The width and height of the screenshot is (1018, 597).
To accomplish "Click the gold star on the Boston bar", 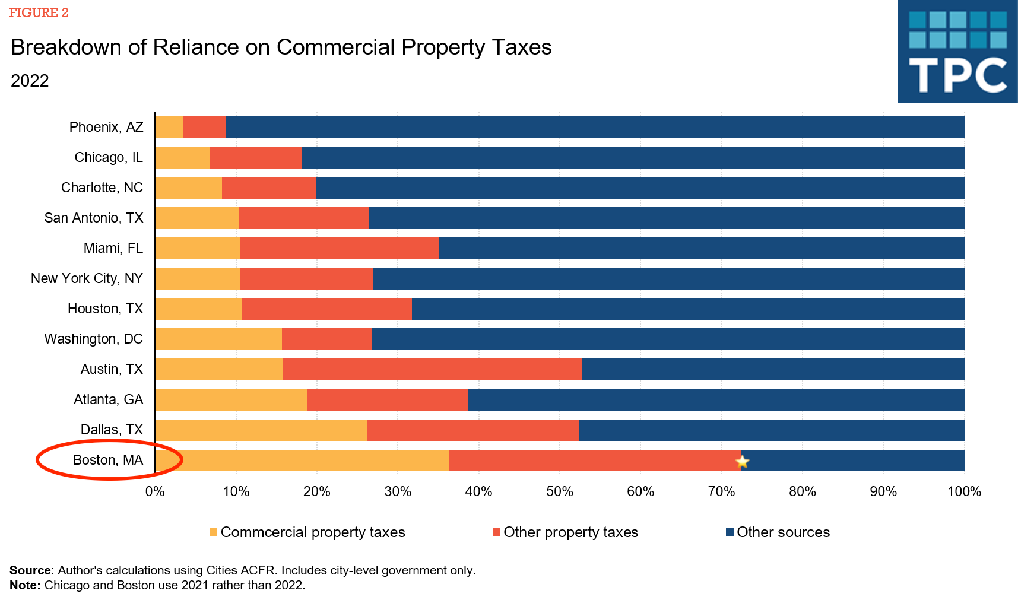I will [x=742, y=461].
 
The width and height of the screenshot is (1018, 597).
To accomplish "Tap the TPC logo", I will [x=957, y=52].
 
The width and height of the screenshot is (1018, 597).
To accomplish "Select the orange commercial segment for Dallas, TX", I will [x=261, y=430].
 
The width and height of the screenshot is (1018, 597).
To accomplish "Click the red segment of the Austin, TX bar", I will [x=432, y=369].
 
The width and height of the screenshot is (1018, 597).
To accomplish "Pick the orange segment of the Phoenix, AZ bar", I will [x=169, y=127].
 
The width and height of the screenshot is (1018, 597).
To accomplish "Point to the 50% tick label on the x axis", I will [x=559, y=491].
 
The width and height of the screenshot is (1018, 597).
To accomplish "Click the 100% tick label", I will [x=964, y=491].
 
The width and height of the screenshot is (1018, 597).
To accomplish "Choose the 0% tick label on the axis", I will [x=155, y=491].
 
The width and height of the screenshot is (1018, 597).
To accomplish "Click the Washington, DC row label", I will [x=94, y=339].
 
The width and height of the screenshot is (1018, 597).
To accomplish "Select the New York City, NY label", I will [x=87, y=278].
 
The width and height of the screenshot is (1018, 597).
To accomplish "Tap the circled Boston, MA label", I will [x=108, y=460].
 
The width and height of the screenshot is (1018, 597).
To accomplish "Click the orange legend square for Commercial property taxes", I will [x=214, y=532].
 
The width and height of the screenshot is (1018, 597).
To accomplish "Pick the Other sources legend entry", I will [x=783, y=532].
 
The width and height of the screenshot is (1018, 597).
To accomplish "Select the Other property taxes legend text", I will [x=570, y=532].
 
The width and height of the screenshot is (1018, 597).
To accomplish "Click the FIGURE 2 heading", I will [x=39, y=13].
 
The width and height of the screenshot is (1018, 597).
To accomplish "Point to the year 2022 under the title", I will [x=30, y=81].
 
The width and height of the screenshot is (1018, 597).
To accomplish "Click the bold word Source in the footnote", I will [x=30, y=570].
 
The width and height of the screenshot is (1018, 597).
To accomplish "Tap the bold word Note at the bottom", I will [x=25, y=585].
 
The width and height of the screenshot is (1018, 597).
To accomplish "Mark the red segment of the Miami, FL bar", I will [x=339, y=248].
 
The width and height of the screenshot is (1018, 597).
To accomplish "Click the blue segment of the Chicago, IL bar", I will [x=633, y=157].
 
